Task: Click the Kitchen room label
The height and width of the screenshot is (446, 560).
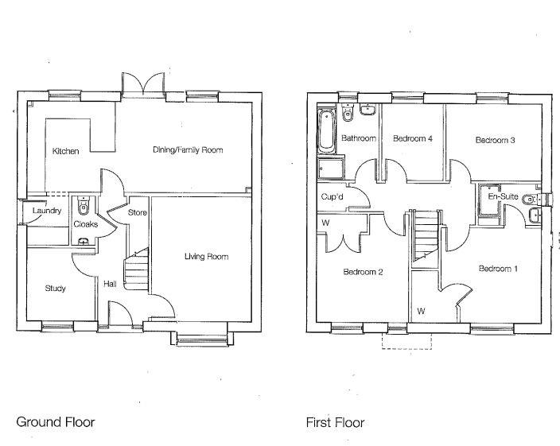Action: [65, 151]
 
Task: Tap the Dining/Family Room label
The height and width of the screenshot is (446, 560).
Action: [188, 149]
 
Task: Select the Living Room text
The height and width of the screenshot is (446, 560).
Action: [206, 257]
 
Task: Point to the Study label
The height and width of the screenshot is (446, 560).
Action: [55, 289]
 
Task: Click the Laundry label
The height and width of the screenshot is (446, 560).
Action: [47, 211]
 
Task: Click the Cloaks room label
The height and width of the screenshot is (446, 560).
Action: [85, 224]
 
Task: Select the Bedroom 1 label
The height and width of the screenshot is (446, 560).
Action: [498, 269]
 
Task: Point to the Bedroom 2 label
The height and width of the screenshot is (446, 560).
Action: [363, 272]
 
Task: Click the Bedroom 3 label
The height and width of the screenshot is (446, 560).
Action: [495, 141]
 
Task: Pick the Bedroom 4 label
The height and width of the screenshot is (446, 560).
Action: [412, 138]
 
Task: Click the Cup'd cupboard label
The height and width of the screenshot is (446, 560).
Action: [332, 197]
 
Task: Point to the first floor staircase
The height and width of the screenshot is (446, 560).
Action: [425, 235]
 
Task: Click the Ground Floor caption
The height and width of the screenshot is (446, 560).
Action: [56, 422]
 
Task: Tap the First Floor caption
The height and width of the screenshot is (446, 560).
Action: [335, 422]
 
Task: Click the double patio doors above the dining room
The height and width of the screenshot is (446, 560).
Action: [144, 85]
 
